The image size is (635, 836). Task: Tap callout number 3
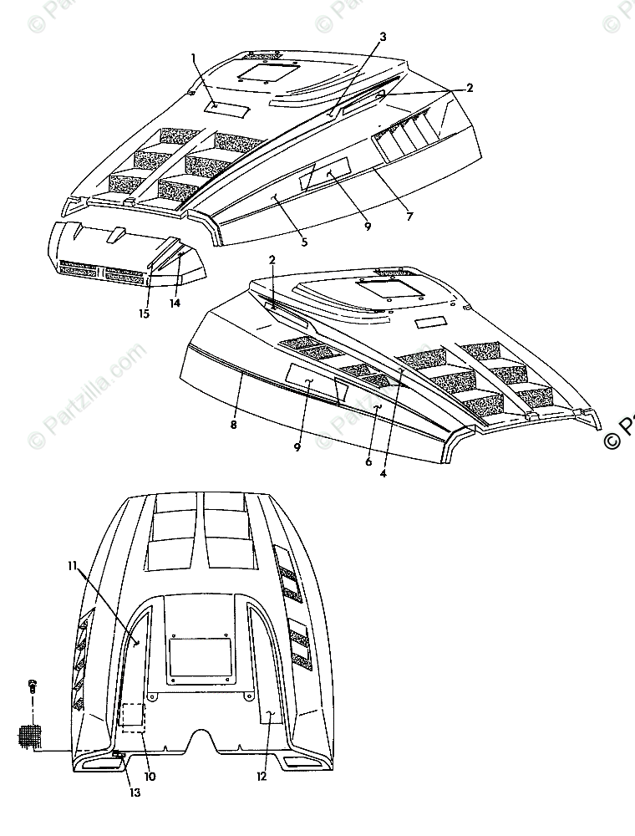click(383, 37)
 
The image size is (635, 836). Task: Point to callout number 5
click(304, 242)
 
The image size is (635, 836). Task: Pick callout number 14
click(175, 303)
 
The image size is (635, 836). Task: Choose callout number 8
click(234, 426)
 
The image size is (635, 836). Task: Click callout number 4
click(384, 474)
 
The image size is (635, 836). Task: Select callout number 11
click(73, 566)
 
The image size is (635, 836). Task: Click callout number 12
click(262, 776)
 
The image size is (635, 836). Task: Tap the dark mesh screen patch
click(30, 737)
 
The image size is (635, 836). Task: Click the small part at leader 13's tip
click(118, 757)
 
